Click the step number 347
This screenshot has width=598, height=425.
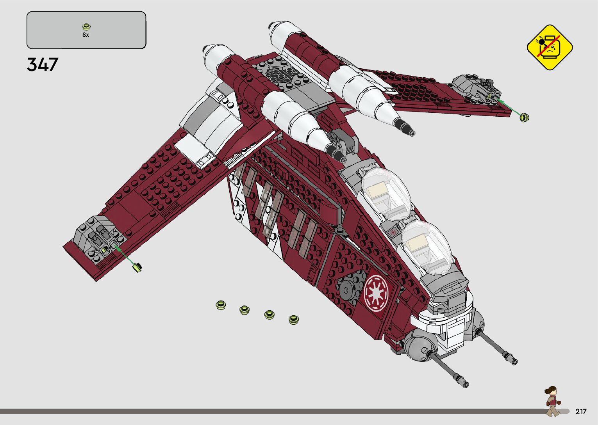(43, 64)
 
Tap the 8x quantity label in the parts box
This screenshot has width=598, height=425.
(86, 35)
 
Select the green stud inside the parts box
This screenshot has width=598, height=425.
(86, 27)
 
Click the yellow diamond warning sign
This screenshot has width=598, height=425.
(549, 47)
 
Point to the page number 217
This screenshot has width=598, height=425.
(580, 411)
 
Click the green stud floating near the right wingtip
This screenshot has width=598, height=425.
(525, 117)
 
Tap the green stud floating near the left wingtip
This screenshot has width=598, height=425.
(137, 267)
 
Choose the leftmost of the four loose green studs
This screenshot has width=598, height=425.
(221, 305)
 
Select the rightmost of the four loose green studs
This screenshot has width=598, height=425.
(293, 320)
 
